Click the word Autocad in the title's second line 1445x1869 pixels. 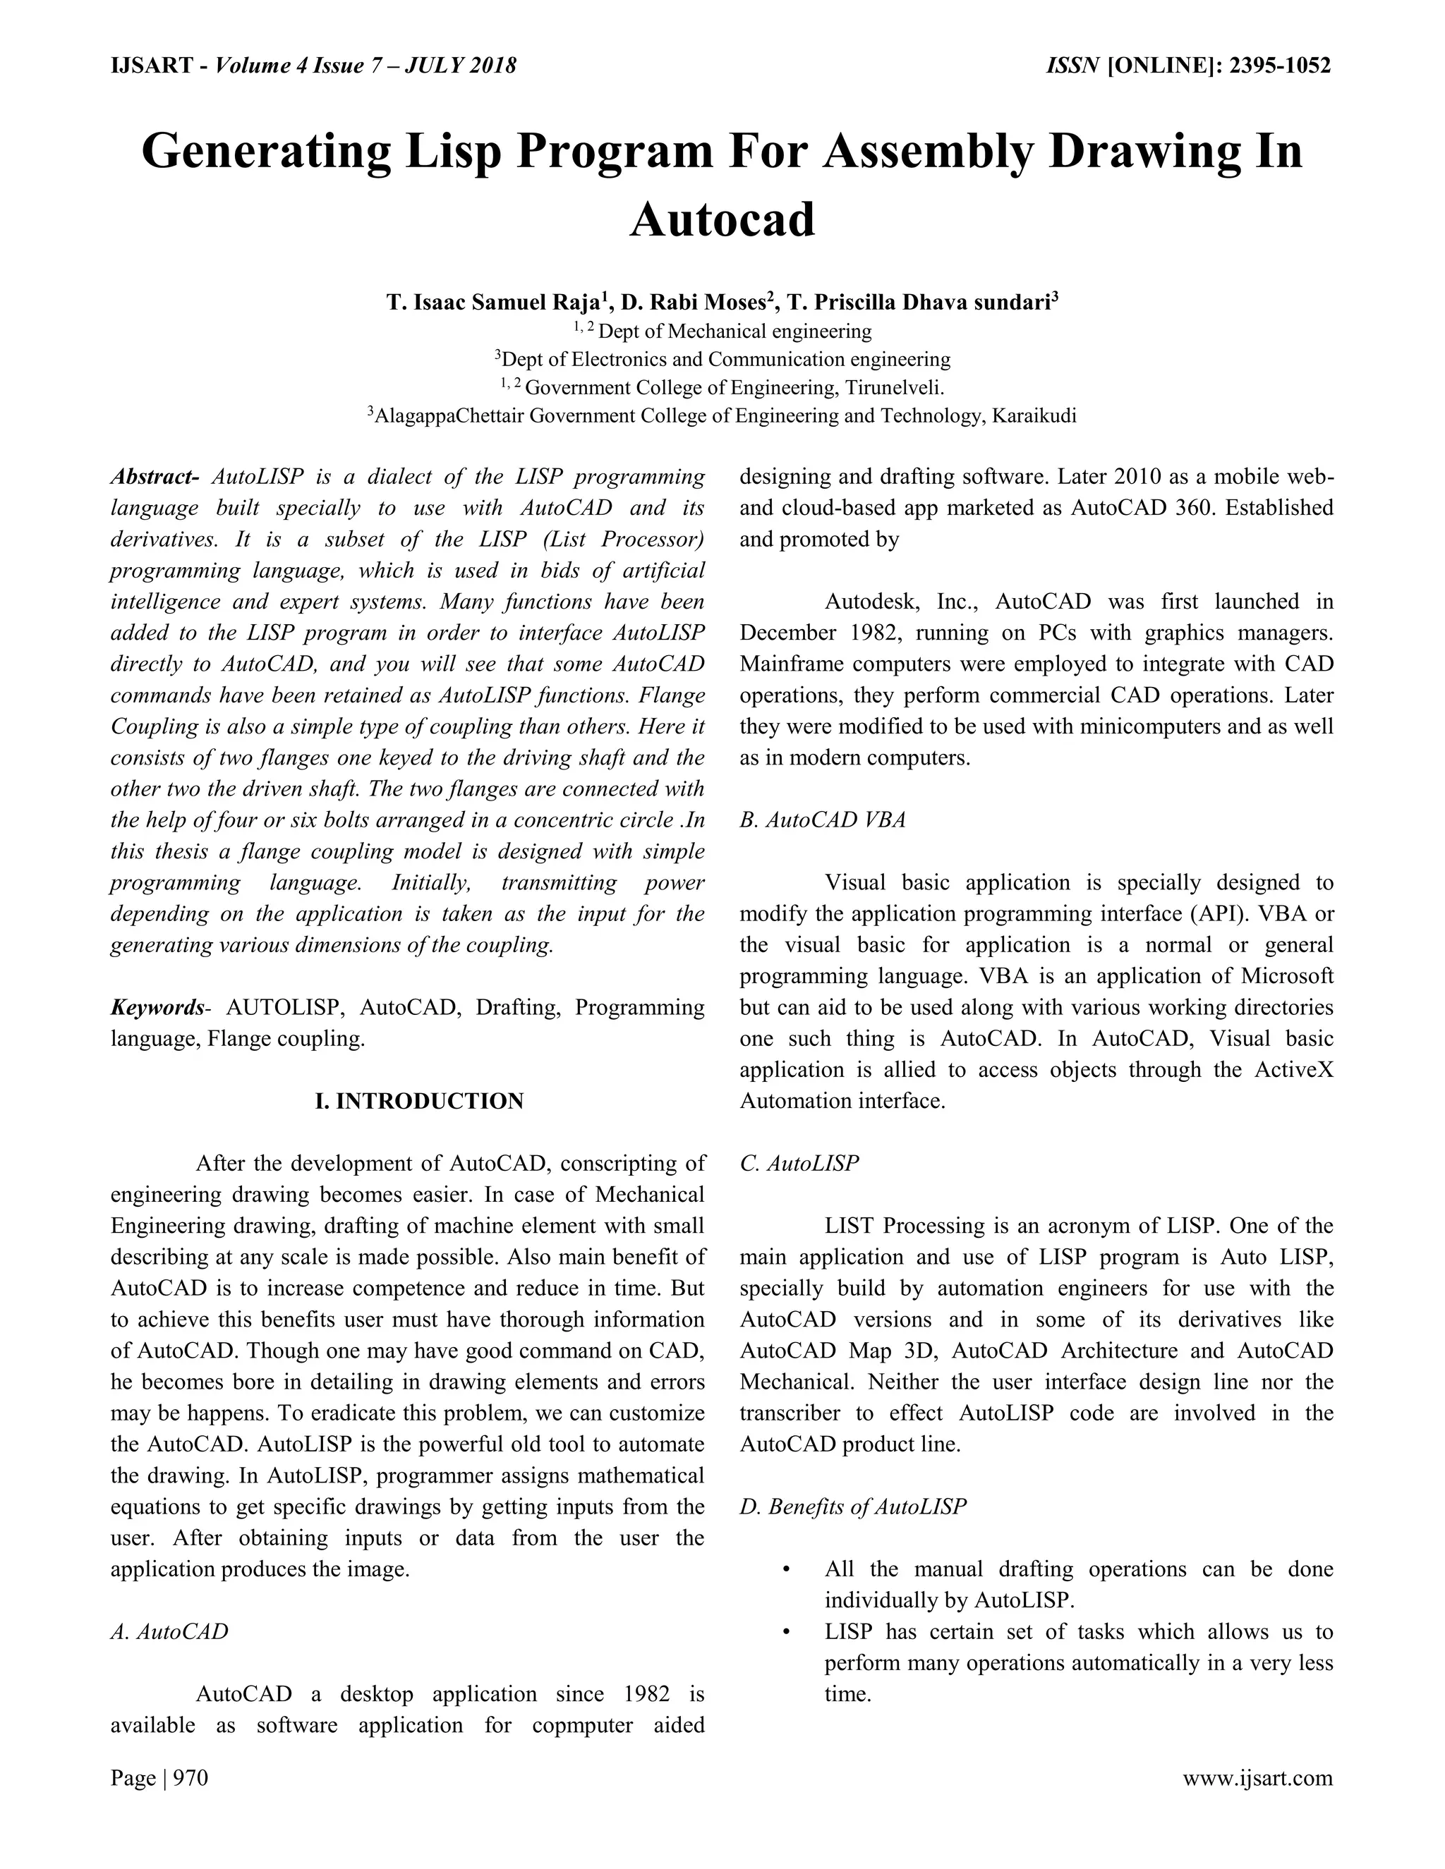click(x=722, y=220)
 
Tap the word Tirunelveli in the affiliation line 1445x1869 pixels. click(x=893, y=388)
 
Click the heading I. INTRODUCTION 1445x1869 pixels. click(x=420, y=1102)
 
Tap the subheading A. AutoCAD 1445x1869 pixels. click(x=169, y=1631)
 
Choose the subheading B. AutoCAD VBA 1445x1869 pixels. click(x=822, y=820)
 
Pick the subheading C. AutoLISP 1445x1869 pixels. click(x=799, y=1163)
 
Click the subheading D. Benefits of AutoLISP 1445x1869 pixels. click(x=852, y=1506)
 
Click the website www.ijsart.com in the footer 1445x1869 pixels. click(x=1257, y=1778)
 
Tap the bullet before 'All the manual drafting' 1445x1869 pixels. click(x=786, y=1569)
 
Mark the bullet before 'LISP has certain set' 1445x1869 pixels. click(x=786, y=1632)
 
